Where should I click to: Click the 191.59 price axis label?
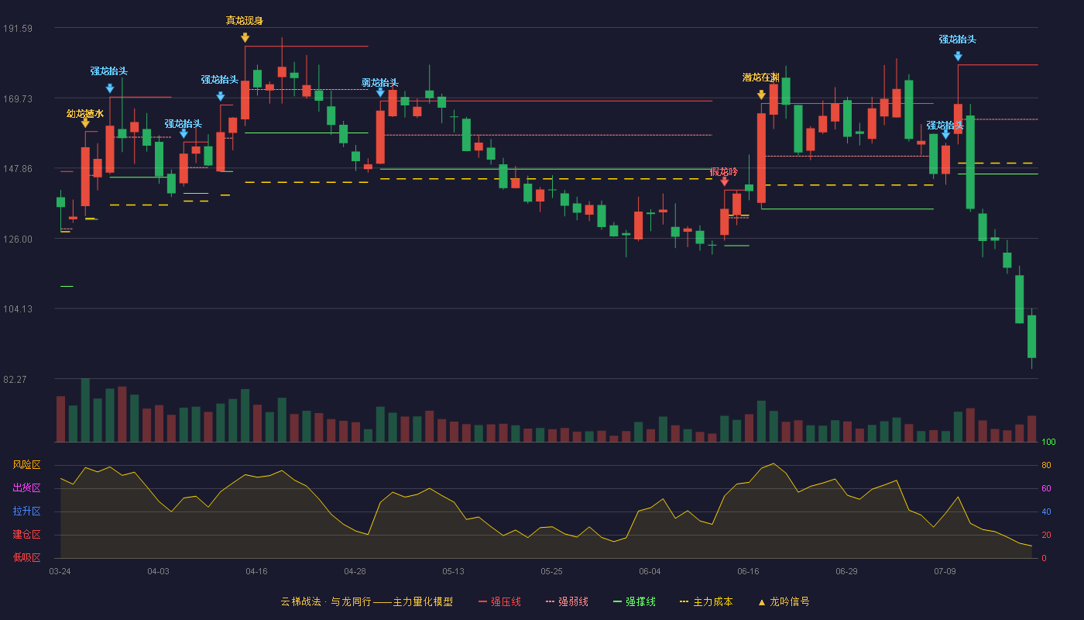click(x=18, y=29)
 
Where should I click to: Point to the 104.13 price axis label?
click(x=18, y=309)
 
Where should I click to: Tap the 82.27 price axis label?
click(x=15, y=379)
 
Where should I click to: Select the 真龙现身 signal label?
click(x=245, y=20)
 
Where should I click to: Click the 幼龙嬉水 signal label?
click(x=85, y=113)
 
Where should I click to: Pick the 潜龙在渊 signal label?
click(x=760, y=77)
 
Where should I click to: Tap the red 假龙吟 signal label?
click(x=724, y=171)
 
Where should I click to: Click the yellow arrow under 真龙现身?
click(x=245, y=38)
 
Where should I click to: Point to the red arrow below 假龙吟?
click(x=725, y=181)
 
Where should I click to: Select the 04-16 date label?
click(x=256, y=572)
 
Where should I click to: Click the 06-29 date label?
click(x=846, y=572)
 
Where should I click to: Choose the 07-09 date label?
click(x=945, y=572)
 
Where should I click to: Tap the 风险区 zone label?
click(x=26, y=464)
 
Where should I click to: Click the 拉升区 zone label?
click(x=26, y=511)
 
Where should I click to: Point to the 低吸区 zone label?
click(x=26, y=557)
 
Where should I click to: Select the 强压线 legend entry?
click(x=499, y=601)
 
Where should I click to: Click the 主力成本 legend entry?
click(x=706, y=601)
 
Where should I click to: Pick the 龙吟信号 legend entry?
click(x=784, y=601)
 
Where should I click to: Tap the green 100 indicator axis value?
click(x=1048, y=442)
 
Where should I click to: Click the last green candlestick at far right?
click(x=1031, y=336)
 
